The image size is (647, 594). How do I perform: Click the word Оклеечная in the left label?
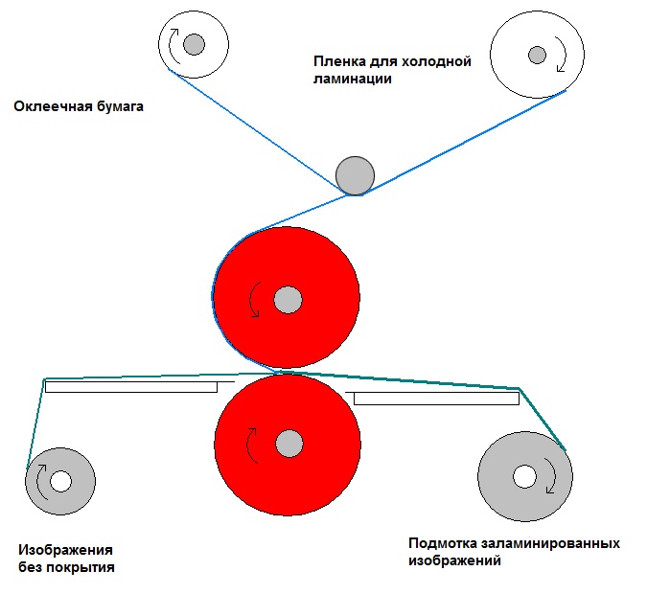[54, 106]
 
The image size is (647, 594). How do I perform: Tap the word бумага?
[120, 107]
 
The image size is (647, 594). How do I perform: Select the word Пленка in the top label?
[339, 61]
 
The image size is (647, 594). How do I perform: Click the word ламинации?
[353, 79]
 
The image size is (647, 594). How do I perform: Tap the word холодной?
[436, 62]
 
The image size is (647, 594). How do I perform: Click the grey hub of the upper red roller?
[288, 300]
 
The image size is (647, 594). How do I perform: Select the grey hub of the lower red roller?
[289, 444]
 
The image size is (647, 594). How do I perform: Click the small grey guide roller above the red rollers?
[355, 175]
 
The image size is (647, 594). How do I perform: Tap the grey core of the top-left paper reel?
[194, 44]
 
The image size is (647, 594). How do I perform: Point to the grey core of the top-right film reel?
[537, 55]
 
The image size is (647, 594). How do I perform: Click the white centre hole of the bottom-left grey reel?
[60, 481]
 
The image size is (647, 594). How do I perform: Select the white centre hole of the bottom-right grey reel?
[525, 476]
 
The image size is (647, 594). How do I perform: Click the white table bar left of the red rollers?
[131, 387]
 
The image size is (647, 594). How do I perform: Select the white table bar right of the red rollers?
[436, 399]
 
